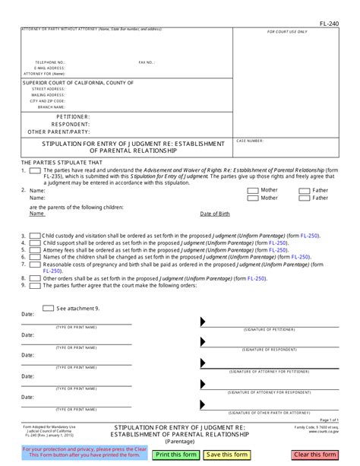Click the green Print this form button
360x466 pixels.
[x=175, y=455]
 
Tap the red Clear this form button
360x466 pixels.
[x=314, y=455]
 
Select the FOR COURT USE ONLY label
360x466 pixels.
[x=288, y=32]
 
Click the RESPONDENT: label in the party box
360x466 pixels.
[x=70, y=124]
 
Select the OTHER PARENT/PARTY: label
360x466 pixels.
[x=58, y=132]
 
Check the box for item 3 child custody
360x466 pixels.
[x=35, y=236]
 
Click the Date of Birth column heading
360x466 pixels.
[x=215, y=214]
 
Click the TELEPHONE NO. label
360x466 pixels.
[x=50, y=62]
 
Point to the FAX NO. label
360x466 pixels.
[x=147, y=62]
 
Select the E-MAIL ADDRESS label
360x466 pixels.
[x=49, y=68]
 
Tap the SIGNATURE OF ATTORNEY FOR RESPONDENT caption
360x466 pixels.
[x=270, y=392]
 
